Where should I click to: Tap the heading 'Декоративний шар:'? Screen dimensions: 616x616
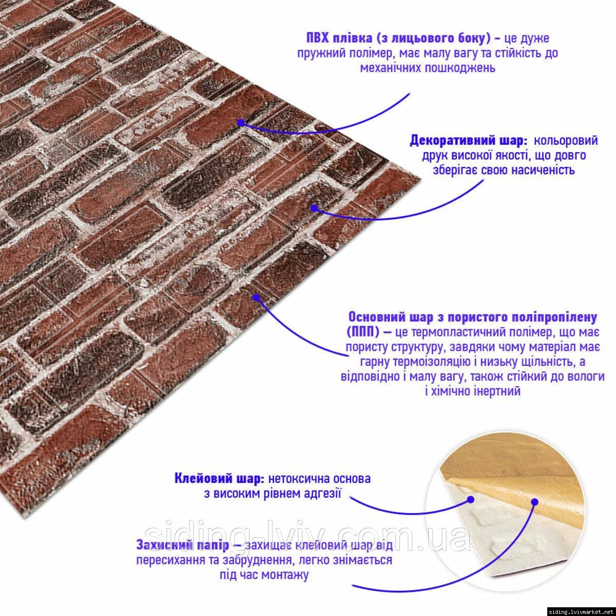click(x=468, y=141)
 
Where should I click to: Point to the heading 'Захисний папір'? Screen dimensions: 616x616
click(x=183, y=545)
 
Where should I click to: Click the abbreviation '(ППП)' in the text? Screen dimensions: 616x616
click(x=362, y=333)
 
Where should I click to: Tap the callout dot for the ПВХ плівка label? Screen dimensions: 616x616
click(x=241, y=123)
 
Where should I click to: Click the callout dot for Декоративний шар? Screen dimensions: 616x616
click(x=314, y=208)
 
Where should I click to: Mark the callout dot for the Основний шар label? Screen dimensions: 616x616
click(x=256, y=298)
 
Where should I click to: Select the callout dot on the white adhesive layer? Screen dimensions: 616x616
click(x=470, y=499)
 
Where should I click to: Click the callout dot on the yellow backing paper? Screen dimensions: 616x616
click(x=535, y=502)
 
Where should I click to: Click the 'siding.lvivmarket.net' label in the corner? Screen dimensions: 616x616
click(x=582, y=611)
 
